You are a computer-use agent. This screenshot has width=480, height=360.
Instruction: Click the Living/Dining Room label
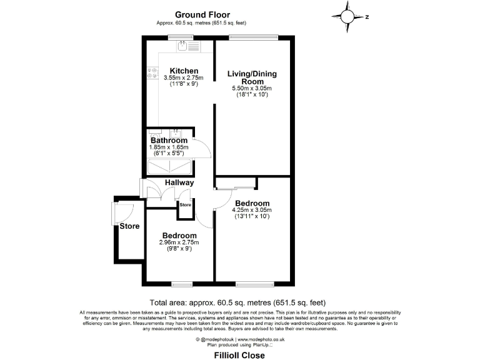click(x=252, y=77)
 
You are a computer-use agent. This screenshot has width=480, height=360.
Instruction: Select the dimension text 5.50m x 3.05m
click(x=252, y=89)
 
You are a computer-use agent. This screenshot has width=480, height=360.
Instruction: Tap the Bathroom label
click(x=169, y=141)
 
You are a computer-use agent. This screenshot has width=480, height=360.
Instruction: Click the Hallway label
click(x=179, y=182)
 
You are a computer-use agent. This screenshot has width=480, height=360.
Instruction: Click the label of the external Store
click(x=129, y=226)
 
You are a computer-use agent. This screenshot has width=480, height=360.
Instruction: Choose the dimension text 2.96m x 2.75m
click(x=178, y=242)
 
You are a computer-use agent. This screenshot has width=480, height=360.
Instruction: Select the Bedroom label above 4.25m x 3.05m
click(x=252, y=203)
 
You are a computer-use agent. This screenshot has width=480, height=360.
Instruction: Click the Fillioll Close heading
click(x=239, y=355)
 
